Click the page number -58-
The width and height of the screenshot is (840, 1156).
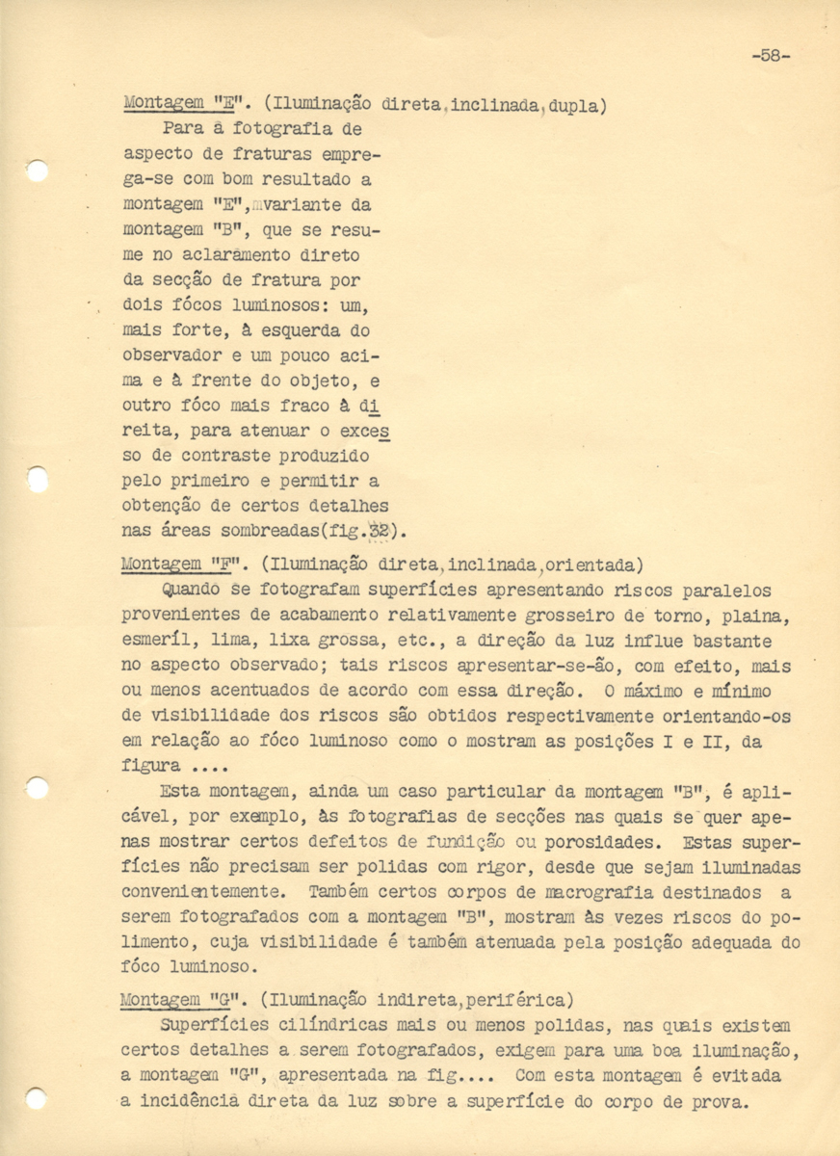[x=770, y=56]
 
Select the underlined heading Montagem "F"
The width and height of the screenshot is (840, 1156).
[x=181, y=565]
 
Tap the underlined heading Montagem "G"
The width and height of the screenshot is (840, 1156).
[x=181, y=1000]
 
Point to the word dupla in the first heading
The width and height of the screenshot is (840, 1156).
[x=581, y=104]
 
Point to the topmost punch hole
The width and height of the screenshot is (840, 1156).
[x=37, y=171]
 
